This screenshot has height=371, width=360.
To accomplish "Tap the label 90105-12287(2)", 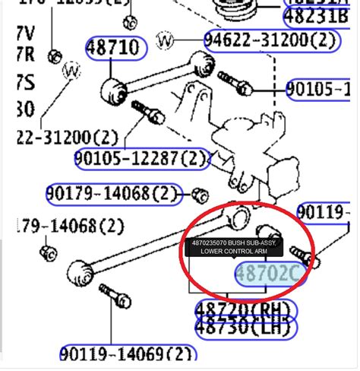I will pos(141,159).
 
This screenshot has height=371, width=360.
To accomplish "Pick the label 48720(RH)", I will pos(245,310).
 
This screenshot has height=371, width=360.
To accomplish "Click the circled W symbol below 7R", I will pos(72,71).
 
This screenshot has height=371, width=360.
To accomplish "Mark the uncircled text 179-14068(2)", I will pos(59,226).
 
